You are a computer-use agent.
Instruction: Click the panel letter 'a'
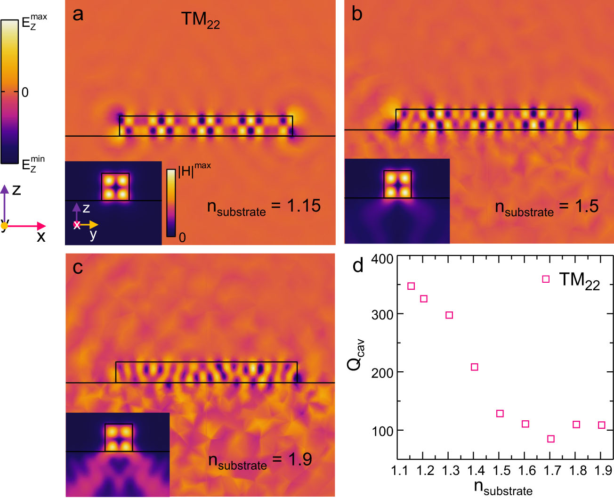78,15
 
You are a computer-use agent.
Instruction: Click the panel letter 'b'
357,15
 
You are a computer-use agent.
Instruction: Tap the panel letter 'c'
78,268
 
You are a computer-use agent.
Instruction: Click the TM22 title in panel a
201,20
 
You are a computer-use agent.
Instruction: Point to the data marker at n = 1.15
411,286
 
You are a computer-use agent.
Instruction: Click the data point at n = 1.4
474,367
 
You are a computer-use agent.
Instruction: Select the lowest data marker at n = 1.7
551,439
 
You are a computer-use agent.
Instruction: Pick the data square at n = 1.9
601,425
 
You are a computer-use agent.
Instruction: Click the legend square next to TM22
546,279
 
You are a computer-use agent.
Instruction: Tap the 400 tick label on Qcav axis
382,259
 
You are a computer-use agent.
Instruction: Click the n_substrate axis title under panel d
503,488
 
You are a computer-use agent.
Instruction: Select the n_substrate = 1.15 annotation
264,207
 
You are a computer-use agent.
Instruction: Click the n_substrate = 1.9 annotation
260,460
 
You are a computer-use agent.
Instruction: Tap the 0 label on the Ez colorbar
25,92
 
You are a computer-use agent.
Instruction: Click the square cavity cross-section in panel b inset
398,184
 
